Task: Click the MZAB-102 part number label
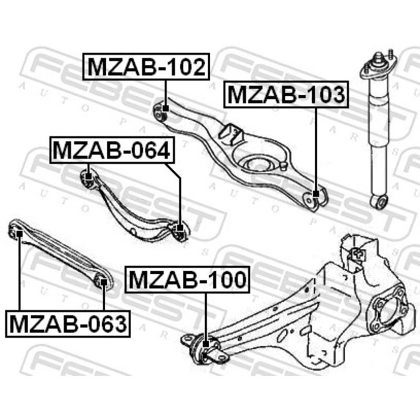click(x=146, y=67)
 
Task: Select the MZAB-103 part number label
click(x=286, y=94)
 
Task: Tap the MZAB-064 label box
click(x=112, y=150)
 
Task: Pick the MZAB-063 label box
click(x=68, y=323)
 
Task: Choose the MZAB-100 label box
click(x=187, y=280)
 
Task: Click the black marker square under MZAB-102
click(x=165, y=109)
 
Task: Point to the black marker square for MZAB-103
click(x=316, y=194)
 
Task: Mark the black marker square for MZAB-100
click(x=205, y=344)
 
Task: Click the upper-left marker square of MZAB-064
click(x=88, y=177)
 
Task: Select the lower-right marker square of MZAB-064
click(x=180, y=228)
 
